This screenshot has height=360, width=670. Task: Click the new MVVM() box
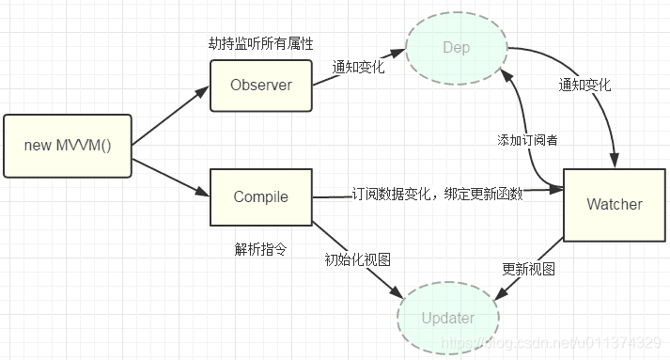[66, 147]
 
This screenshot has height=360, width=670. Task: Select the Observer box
[261, 86]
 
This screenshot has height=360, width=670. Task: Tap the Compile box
[260, 197]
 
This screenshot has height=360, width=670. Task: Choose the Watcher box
[614, 204]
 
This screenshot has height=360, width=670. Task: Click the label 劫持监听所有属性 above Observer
[259, 44]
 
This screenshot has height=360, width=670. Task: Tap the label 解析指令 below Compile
[260, 250]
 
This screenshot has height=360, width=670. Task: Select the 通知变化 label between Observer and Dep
[358, 68]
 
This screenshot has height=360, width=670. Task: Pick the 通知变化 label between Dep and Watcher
[584, 85]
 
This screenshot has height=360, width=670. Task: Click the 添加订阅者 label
[527, 139]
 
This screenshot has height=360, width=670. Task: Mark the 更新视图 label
[529, 268]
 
